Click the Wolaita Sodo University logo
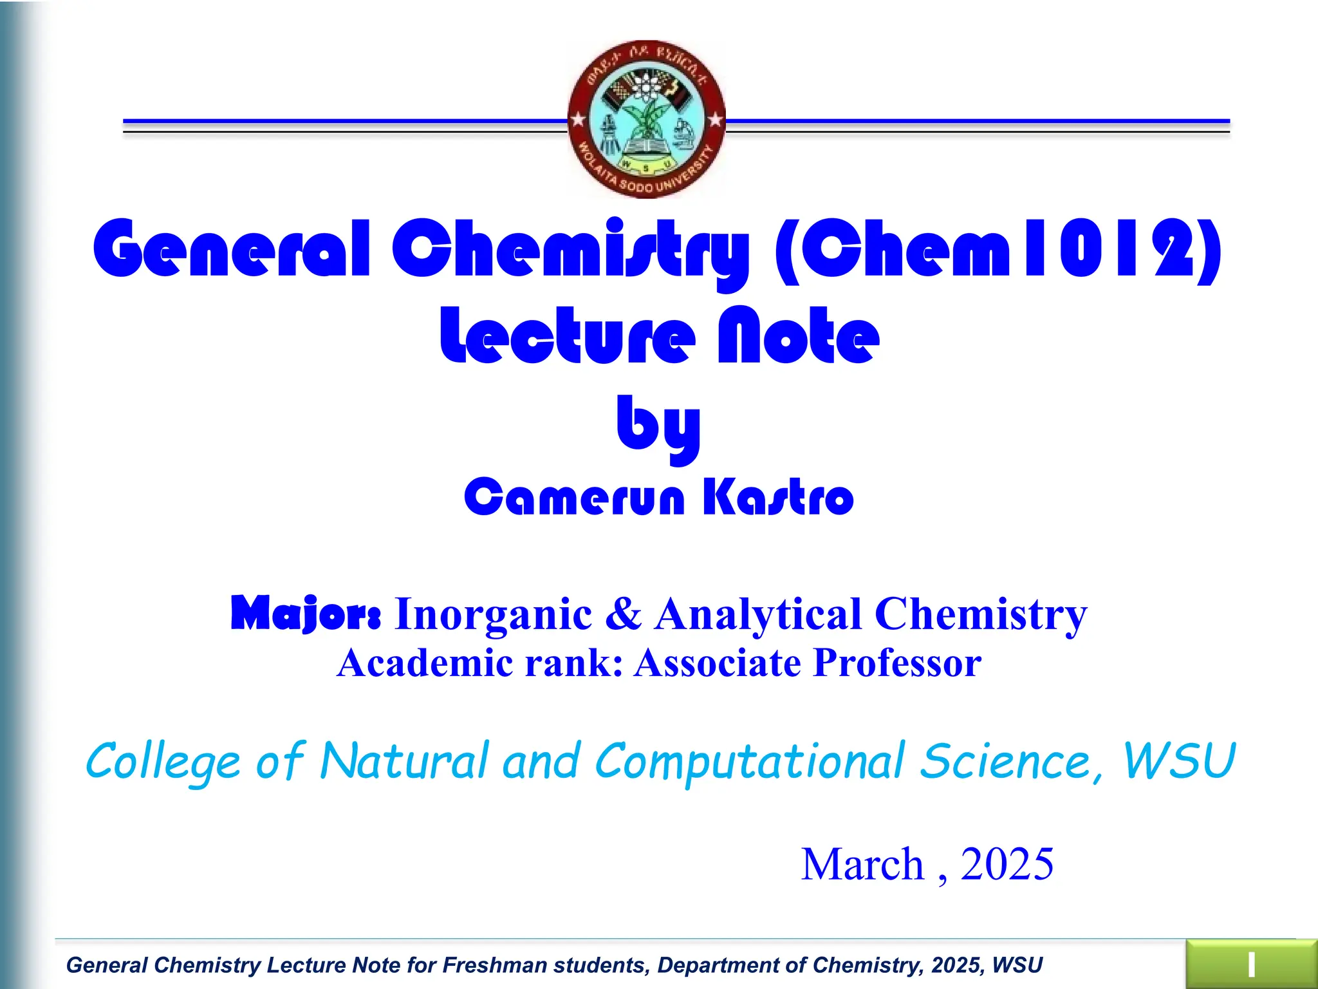click(x=647, y=119)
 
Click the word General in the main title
click(x=232, y=249)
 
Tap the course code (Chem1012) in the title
click(x=998, y=249)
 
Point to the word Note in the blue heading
click(x=798, y=337)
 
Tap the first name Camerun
click(x=574, y=497)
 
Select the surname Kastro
click(x=777, y=497)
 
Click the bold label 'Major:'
click(x=306, y=613)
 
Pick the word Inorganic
click(x=493, y=614)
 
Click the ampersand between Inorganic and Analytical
click(x=623, y=613)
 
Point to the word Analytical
click(x=758, y=614)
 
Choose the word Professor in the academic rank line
click(x=897, y=663)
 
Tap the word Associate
click(x=717, y=663)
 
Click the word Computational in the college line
click(x=750, y=762)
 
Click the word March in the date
click(x=862, y=864)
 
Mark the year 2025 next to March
click(x=1007, y=864)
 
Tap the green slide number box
click(x=1251, y=965)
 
